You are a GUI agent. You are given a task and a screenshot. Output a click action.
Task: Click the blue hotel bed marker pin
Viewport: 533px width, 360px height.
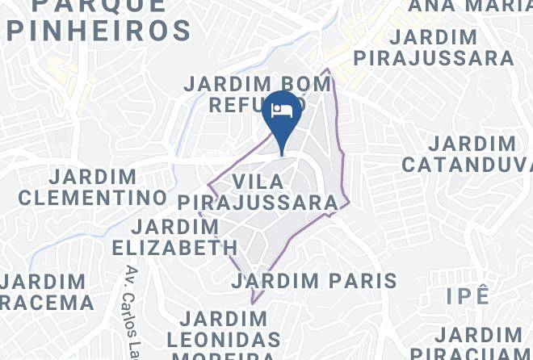[282, 117]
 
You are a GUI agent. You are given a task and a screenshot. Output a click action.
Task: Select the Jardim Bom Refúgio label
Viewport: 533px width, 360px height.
[246, 94]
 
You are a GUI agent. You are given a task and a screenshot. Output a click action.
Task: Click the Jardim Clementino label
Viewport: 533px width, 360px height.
[93, 186]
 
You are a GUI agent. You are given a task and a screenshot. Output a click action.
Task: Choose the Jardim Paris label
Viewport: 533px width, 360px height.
[314, 281]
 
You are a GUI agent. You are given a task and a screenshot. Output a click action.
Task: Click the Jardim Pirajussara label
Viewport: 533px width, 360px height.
[434, 48]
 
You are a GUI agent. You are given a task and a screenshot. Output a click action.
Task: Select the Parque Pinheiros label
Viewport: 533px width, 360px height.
[99, 18]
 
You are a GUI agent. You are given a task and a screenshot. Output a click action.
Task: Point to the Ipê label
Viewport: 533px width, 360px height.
[468, 295]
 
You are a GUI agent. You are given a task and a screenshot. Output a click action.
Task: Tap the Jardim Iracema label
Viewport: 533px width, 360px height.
[44, 292]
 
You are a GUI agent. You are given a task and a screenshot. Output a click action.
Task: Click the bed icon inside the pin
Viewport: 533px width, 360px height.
[282, 111]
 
